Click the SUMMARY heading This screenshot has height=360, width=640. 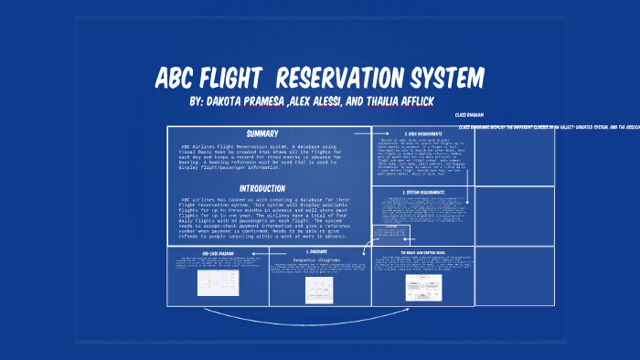tap(268, 133)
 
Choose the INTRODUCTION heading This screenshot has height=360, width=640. tap(268, 188)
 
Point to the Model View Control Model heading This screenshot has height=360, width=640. tap(422, 251)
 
